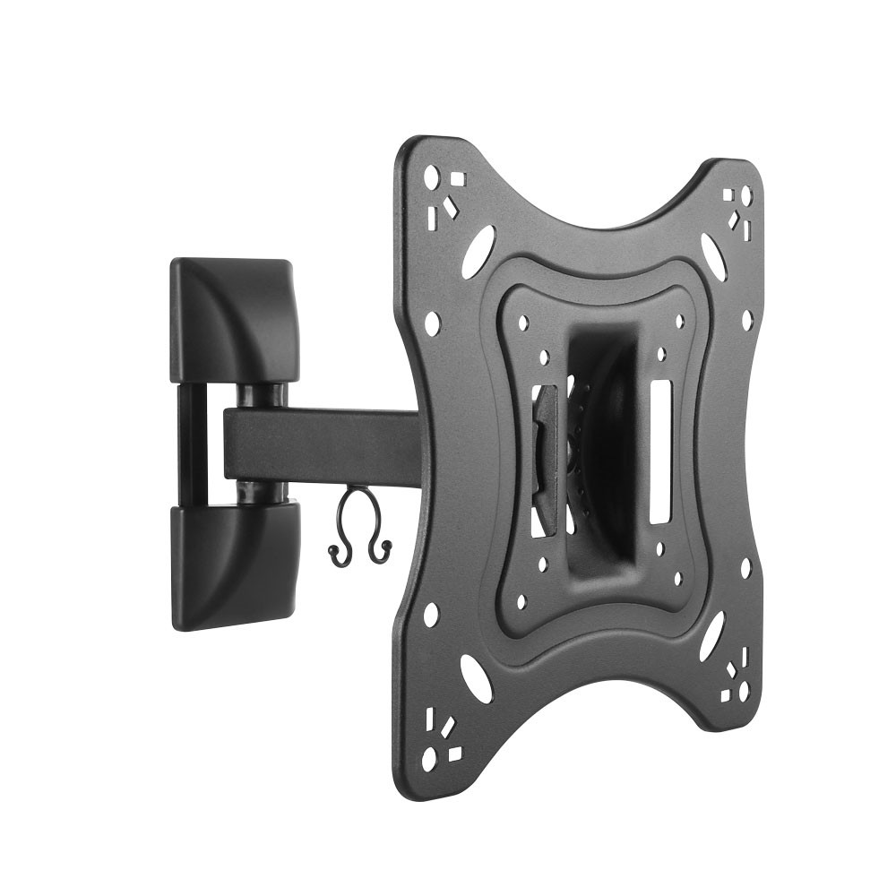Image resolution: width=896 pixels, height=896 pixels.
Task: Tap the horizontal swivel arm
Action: pos(323,444)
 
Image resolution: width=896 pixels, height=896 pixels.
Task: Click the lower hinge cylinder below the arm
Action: pos(262,491)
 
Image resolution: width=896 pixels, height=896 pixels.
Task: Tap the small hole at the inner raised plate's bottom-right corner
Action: pos(678,578)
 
